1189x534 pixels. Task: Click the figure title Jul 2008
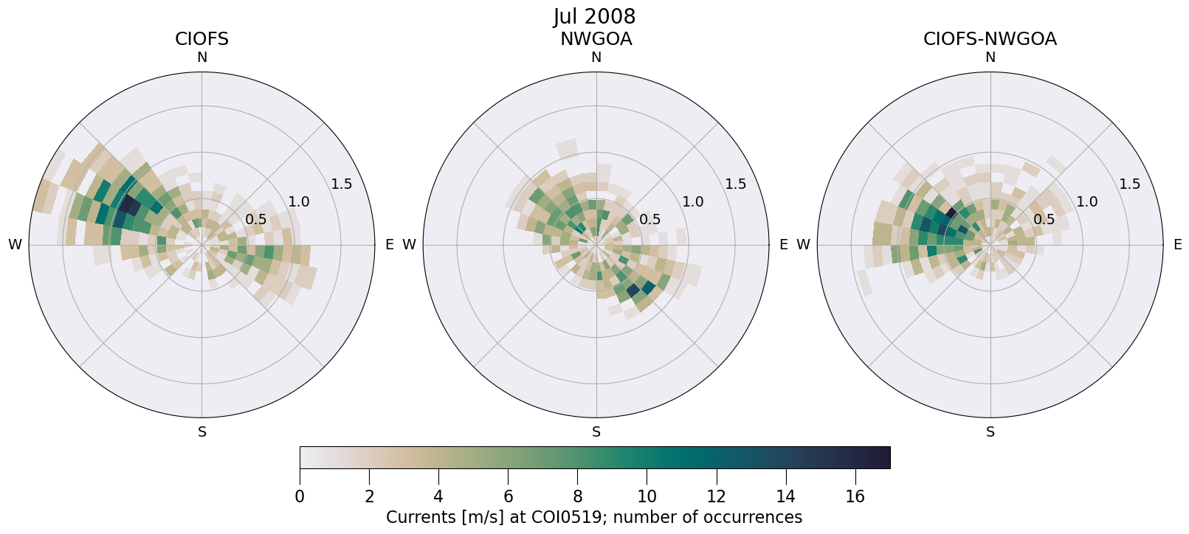point(594,16)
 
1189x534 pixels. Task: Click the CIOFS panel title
point(201,39)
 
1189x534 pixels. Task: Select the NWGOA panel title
point(596,39)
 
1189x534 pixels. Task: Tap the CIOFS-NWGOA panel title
point(990,39)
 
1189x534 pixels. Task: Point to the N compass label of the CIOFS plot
point(201,58)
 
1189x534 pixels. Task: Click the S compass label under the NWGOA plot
point(596,432)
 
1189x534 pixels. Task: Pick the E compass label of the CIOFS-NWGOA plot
point(1177,245)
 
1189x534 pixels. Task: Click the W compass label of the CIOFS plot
point(15,245)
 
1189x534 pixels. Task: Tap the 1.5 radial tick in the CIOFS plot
point(341,184)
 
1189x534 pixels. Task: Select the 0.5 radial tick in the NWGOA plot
point(649,219)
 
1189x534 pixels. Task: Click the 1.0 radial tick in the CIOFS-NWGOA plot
point(1087,201)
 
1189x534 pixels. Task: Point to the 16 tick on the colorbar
point(855,497)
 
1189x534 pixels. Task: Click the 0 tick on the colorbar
point(300,497)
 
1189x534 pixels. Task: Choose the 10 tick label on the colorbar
point(647,497)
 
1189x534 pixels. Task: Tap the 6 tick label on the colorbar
point(508,497)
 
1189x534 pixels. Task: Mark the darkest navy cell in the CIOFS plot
point(130,204)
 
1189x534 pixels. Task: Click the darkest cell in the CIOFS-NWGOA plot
point(951,213)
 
